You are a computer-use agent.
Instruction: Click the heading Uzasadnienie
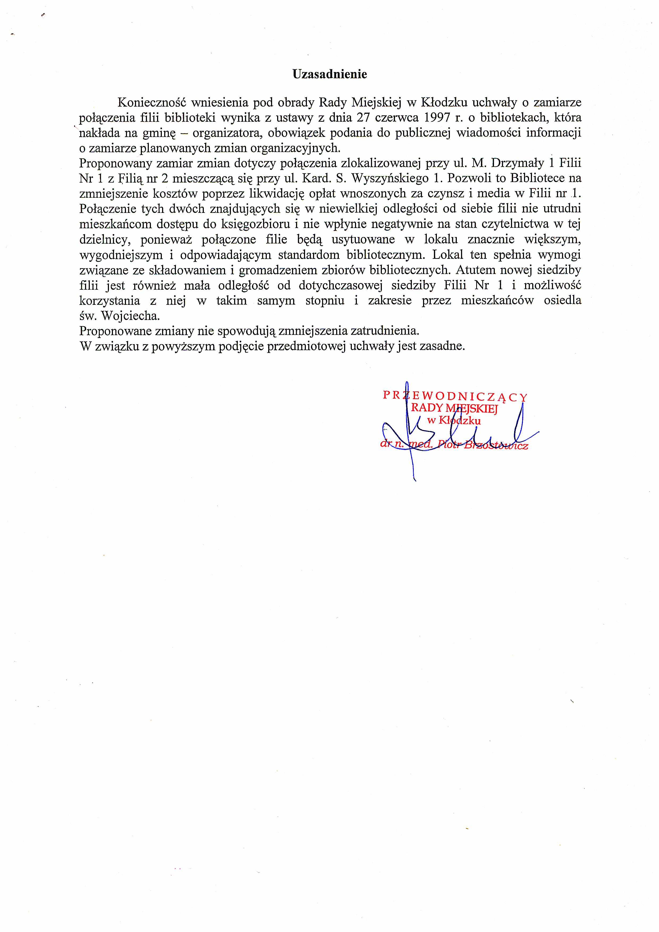[x=329, y=74]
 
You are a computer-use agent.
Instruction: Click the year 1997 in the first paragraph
[x=431, y=118]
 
